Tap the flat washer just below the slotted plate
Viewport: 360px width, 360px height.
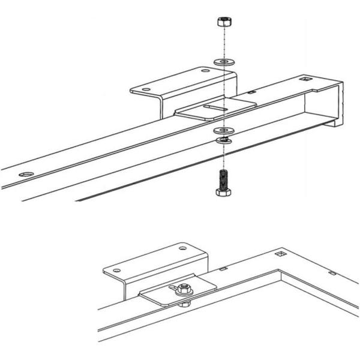pos(223,130)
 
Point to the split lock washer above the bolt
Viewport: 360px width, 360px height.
pos(223,140)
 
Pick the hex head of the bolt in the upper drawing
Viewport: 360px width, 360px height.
pos(222,192)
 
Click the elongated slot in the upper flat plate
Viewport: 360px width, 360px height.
pos(215,108)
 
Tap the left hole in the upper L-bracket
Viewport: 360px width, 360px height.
pos(144,91)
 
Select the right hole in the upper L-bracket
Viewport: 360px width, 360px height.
pos(206,71)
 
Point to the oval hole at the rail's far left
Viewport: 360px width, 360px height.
pos(25,174)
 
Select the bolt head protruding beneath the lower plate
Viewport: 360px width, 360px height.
pos(187,304)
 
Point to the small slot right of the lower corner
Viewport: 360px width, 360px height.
pos(332,274)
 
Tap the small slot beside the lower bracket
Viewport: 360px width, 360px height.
pos(223,269)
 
